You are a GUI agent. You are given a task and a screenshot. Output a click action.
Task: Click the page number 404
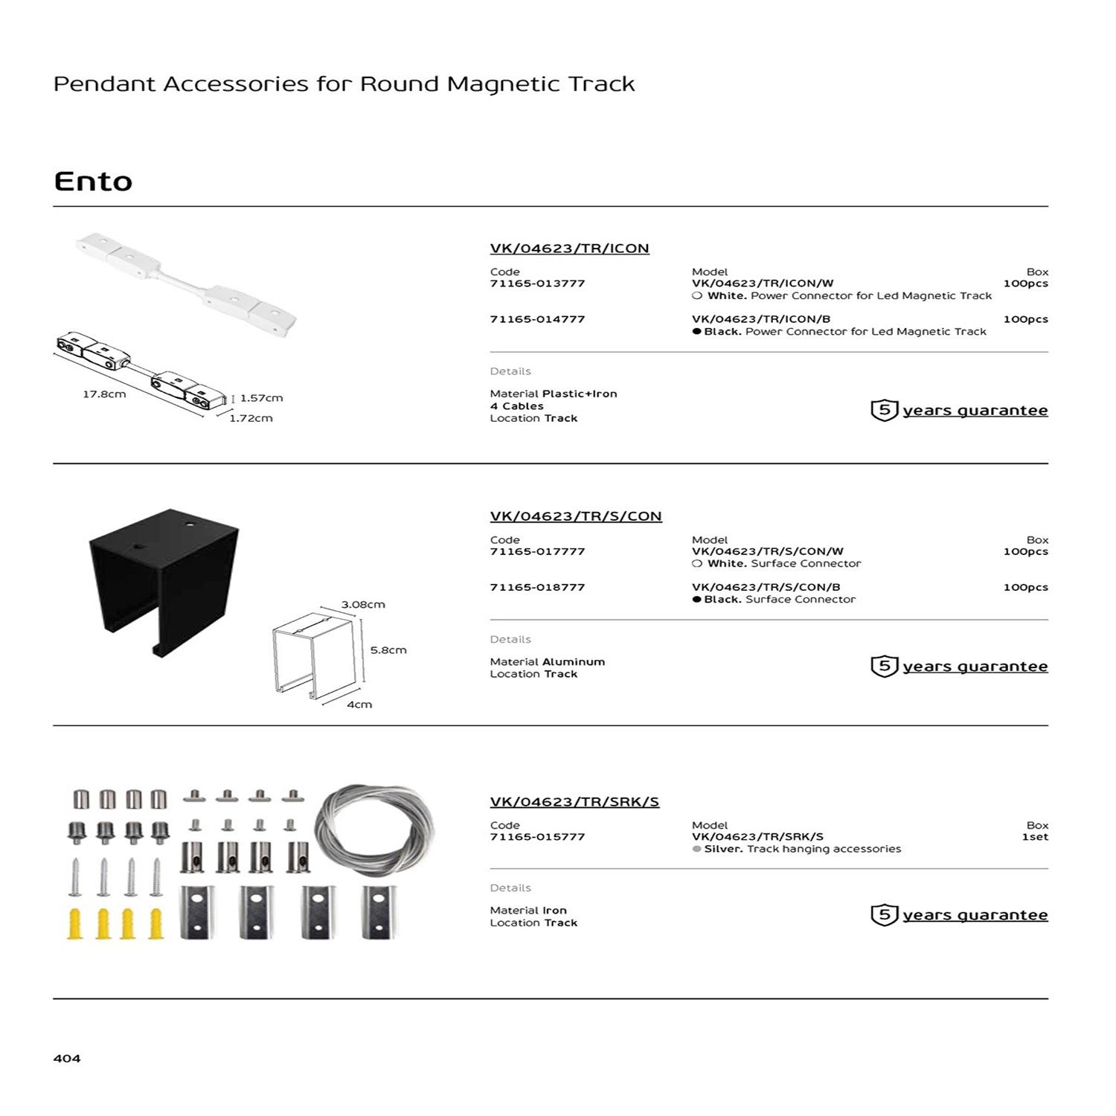[x=67, y=1058]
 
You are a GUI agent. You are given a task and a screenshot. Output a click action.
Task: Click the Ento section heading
[x=93, y=182]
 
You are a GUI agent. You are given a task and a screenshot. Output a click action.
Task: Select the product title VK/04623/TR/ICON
[x=569, y=248]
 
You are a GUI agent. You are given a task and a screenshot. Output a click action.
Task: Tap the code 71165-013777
[x=537, y=283]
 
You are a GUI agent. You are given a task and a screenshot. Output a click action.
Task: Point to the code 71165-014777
[x=537, y=319]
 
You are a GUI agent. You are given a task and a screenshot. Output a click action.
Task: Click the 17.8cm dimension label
[x=104, y=394]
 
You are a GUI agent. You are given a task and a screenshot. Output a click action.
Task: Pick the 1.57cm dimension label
[x=261, y=398]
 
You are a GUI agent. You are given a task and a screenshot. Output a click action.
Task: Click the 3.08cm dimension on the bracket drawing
[x=363, y=604]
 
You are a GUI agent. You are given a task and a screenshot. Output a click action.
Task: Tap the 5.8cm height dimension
[x=388, y=650]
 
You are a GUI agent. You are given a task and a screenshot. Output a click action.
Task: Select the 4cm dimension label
[x=359, y=704]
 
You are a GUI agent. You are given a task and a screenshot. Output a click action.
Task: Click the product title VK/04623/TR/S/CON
[x=576, y=516]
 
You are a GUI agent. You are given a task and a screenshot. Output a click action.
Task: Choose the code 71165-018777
[x=537, y=587]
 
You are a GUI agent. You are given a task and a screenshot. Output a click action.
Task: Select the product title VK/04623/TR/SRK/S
[x=574, y=802]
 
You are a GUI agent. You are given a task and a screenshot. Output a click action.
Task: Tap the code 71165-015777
[x=537, y=837]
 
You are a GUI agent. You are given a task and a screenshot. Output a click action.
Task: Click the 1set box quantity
[x=1034, y=837]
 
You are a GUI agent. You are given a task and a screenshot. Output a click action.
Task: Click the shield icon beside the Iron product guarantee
[x=884, y=914]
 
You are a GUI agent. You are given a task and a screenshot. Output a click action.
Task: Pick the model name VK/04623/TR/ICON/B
[x=760, y=319]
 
